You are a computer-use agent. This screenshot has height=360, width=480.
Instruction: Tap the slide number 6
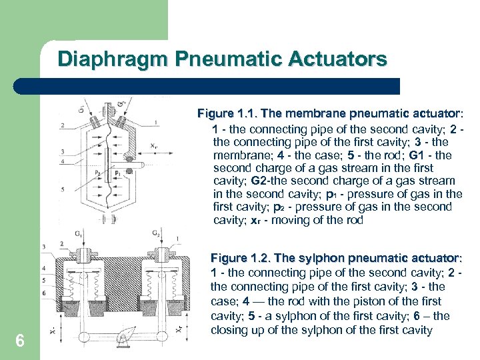pos(20,341)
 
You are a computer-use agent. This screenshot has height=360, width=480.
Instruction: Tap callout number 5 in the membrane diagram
pos(62,189)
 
